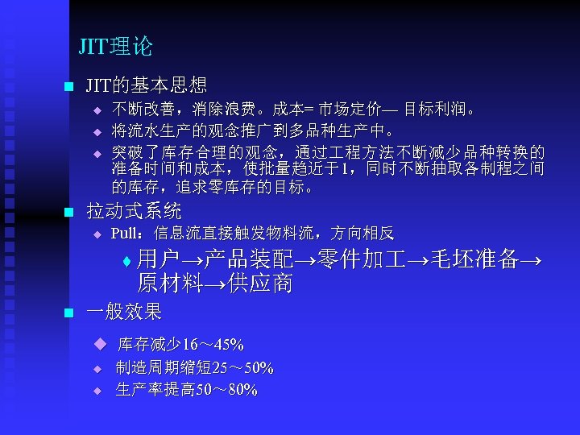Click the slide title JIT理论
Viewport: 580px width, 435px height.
(x=115, y=47)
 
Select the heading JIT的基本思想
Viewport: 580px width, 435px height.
(x=146, y=85)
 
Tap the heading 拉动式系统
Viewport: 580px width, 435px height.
(x=134, y=212)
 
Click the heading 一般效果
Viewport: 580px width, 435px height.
(x=124, y=311)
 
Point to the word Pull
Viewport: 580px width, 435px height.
(x=126, y=234)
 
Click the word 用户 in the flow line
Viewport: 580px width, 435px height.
(x=157, y=259)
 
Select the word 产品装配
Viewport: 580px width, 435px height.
(x=248, y=259)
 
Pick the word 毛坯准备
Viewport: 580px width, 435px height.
(x=475, y=259)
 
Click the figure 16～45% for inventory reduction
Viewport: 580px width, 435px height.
(x=213, y=346)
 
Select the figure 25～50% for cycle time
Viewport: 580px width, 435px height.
(x=242, y=369)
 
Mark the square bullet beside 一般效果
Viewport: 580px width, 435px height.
(x=68, y=313)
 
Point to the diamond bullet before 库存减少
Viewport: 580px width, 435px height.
(x=99, y=345)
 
